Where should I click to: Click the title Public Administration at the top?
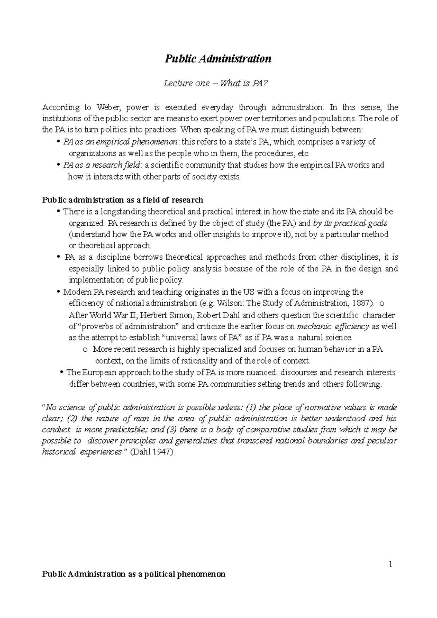pos(218,59)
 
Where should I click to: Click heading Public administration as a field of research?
pos(123,200)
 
